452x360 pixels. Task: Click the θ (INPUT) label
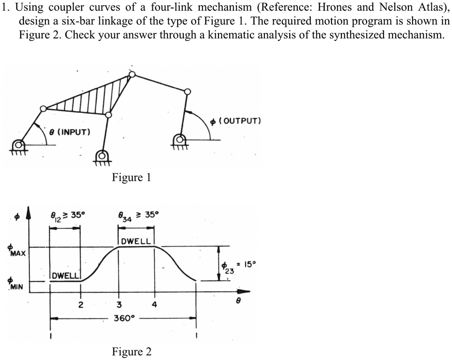(70, 131)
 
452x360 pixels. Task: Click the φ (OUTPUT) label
(235, 121)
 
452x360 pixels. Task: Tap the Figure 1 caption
(131, 177)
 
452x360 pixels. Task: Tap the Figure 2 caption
(132, 352)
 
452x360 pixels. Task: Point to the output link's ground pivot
(179, 139)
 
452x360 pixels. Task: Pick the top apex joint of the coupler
(132, 74)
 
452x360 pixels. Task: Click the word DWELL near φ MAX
(136, 241)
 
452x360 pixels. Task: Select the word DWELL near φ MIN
(66, 276)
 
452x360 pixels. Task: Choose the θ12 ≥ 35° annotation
(68, 215)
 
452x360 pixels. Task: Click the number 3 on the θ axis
(119, 305)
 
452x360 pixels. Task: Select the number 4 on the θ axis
(154, 305)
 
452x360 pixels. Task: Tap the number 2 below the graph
(80, 305)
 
